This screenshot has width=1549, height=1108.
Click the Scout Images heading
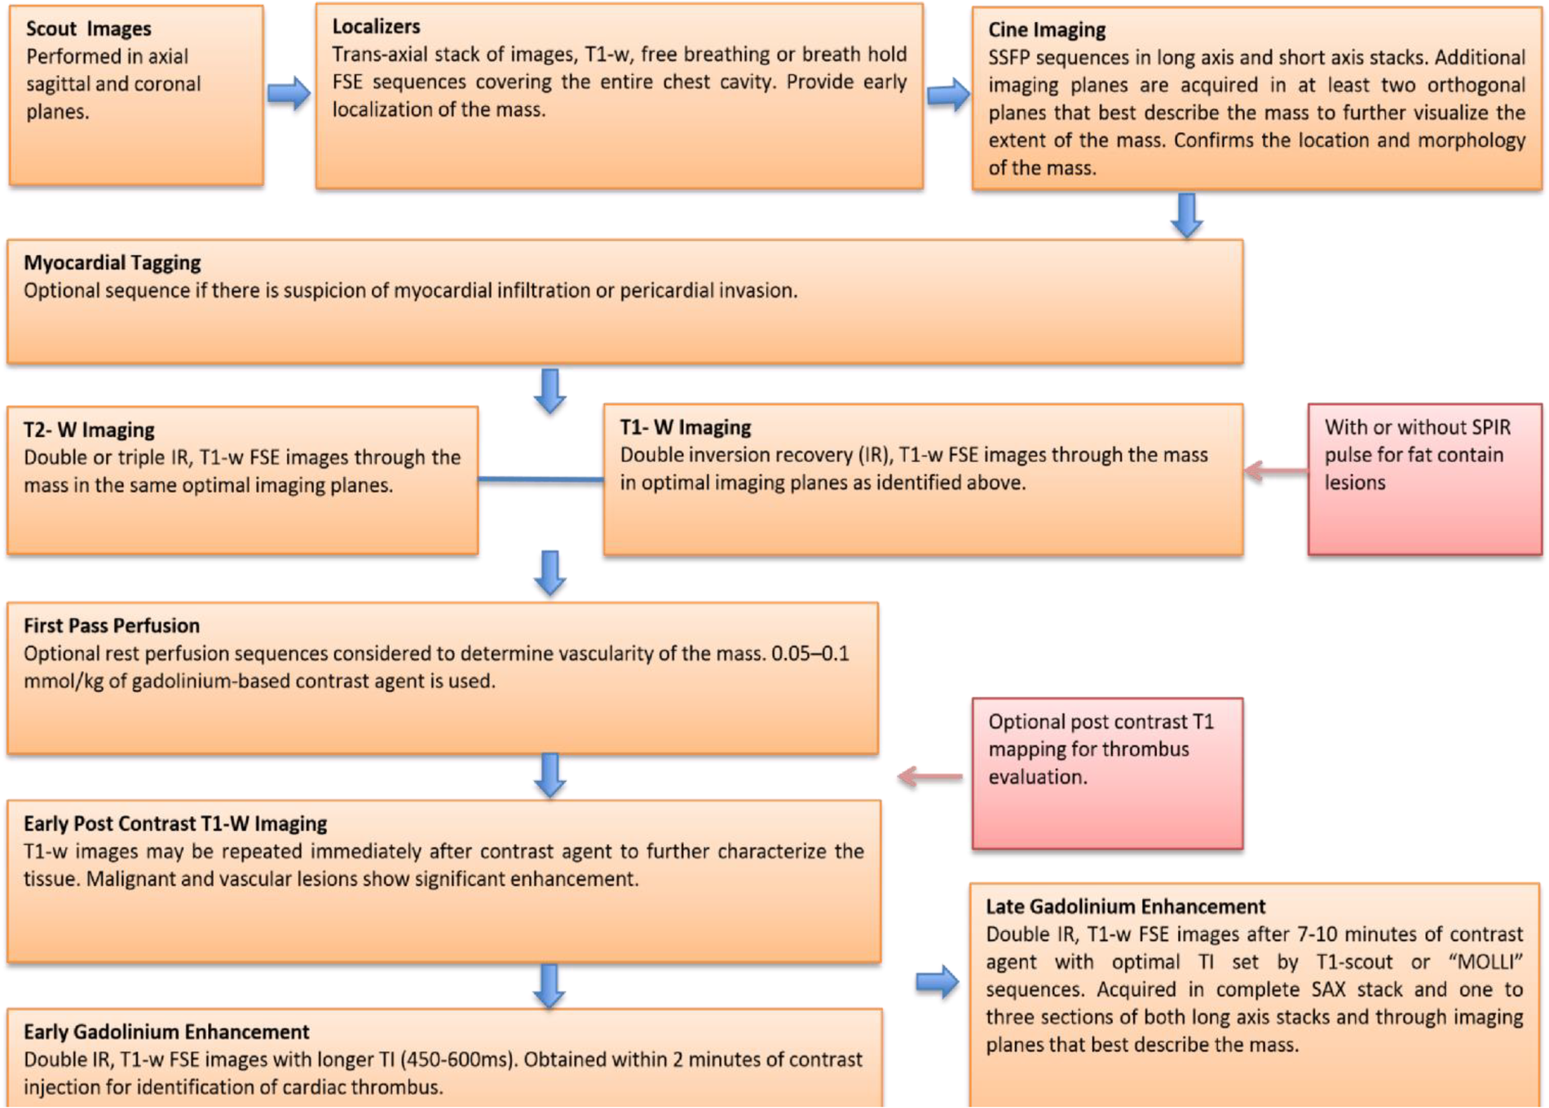pyautogui.click(x=88, y=29)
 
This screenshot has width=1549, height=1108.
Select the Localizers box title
pyautogui.click(x=376, y=26)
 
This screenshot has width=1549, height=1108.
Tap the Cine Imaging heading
pyautogui.click(x=1046, y=30)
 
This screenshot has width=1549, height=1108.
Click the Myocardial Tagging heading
pyautogui.click(x=112, y=263)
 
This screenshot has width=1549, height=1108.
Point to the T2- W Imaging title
pyautogui.click(x=89, y=430)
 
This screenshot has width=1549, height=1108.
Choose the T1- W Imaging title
pyautogui.click(x=685, y=427)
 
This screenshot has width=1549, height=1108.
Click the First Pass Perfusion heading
pyautogui.click(x=111, y=625)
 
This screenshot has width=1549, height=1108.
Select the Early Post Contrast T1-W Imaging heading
pyautogui.click(x=174, y=823)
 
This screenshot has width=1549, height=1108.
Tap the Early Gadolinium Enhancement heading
pyautogui.click(x=165, y=1031)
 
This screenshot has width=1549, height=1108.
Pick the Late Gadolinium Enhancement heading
pyautogui.click(x=1125, y=907)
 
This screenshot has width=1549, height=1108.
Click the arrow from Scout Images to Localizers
pyautogui.click(x=289, y=93)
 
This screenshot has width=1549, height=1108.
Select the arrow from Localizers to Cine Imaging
pyautogui.click(x=947, y=95)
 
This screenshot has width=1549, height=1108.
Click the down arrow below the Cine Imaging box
pyautogui.click(x=1186, y=214)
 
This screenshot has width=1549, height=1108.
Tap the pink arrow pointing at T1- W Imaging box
pyautogui.click(x=1275, y=470)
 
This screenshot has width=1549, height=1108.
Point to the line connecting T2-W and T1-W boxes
pyautogui.click(x=540, y=479)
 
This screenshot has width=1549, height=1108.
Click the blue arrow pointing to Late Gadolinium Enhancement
pyautogui.click(x=937, y=982)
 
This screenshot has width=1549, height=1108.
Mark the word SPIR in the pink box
pyautogui.click(x=1489, y=427)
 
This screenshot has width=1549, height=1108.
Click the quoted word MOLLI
pyautogui.click(x=1485, y=962)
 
